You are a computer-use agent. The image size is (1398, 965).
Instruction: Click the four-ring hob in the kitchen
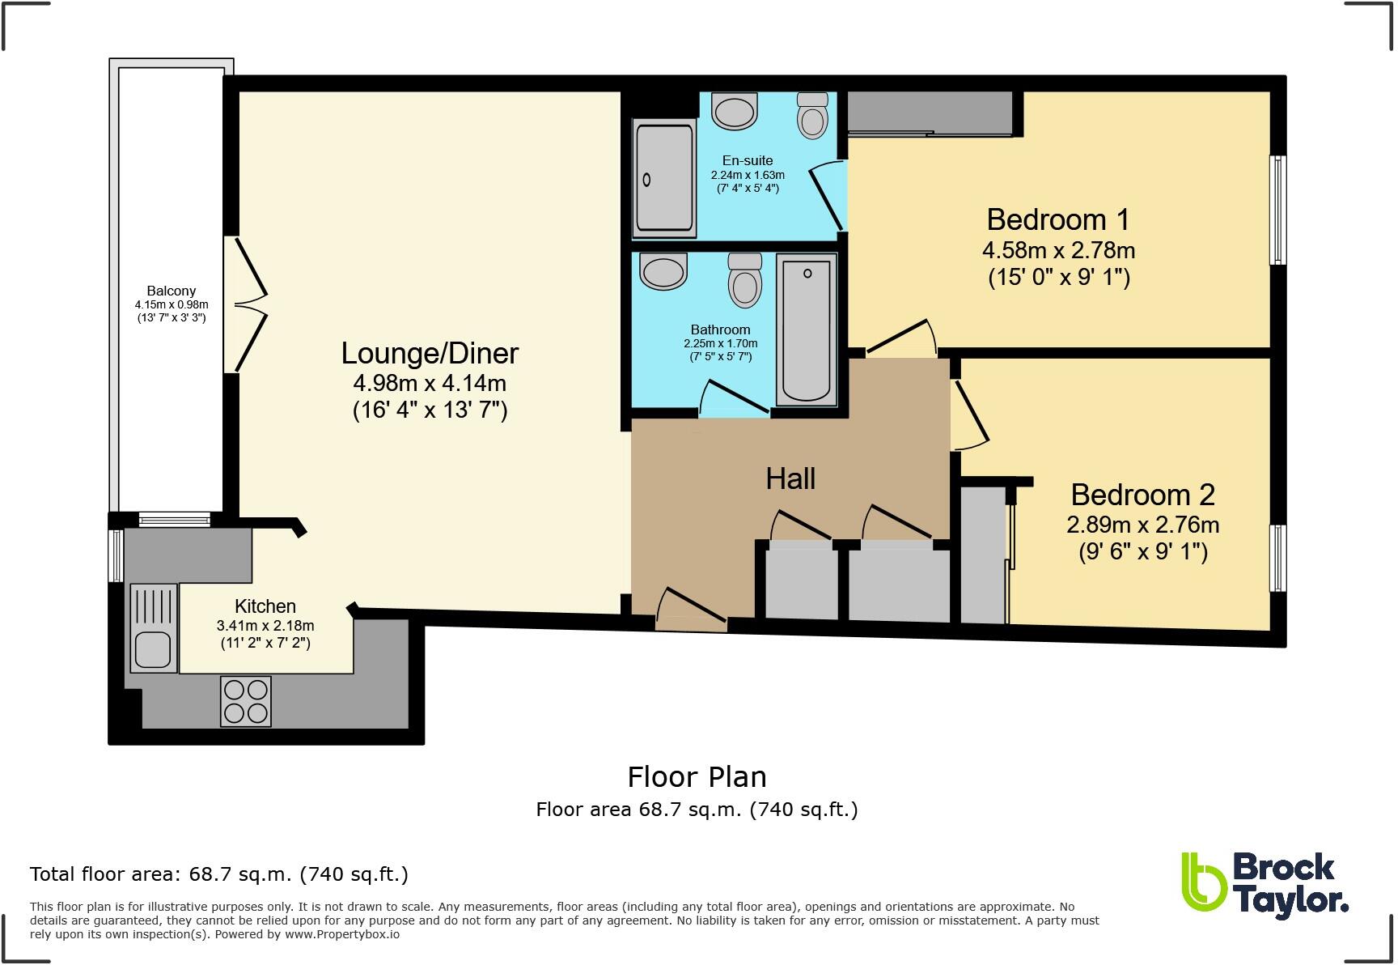(246, 701)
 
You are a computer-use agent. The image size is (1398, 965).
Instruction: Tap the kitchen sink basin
(152, 649)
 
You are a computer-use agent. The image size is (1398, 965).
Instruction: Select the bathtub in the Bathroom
(807, 329)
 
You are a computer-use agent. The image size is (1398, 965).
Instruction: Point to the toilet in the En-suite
(812, 114)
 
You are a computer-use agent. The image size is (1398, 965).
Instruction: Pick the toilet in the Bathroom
(744, 280)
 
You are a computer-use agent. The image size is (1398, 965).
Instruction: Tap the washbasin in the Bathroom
(663, 271)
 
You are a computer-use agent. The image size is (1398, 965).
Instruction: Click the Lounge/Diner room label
(430, 353)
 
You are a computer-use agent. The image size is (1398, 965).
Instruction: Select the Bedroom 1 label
(1057, 219)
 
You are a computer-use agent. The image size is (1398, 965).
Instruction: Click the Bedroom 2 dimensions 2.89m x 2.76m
(1142, 525)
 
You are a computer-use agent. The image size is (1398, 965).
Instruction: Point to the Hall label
(790, 478)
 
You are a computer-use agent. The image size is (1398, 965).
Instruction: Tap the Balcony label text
(172, 291)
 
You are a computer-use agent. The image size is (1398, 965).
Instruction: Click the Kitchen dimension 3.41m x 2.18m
(265, 625)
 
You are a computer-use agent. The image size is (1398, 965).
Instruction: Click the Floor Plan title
(697, 777)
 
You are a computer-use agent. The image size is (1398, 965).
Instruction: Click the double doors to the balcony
(245, 304)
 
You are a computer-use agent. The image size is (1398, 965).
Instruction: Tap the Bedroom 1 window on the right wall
(1278, 210)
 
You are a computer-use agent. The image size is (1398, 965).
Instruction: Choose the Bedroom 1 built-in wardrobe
(930, 113)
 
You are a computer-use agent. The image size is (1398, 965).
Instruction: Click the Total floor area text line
(219, 874)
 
